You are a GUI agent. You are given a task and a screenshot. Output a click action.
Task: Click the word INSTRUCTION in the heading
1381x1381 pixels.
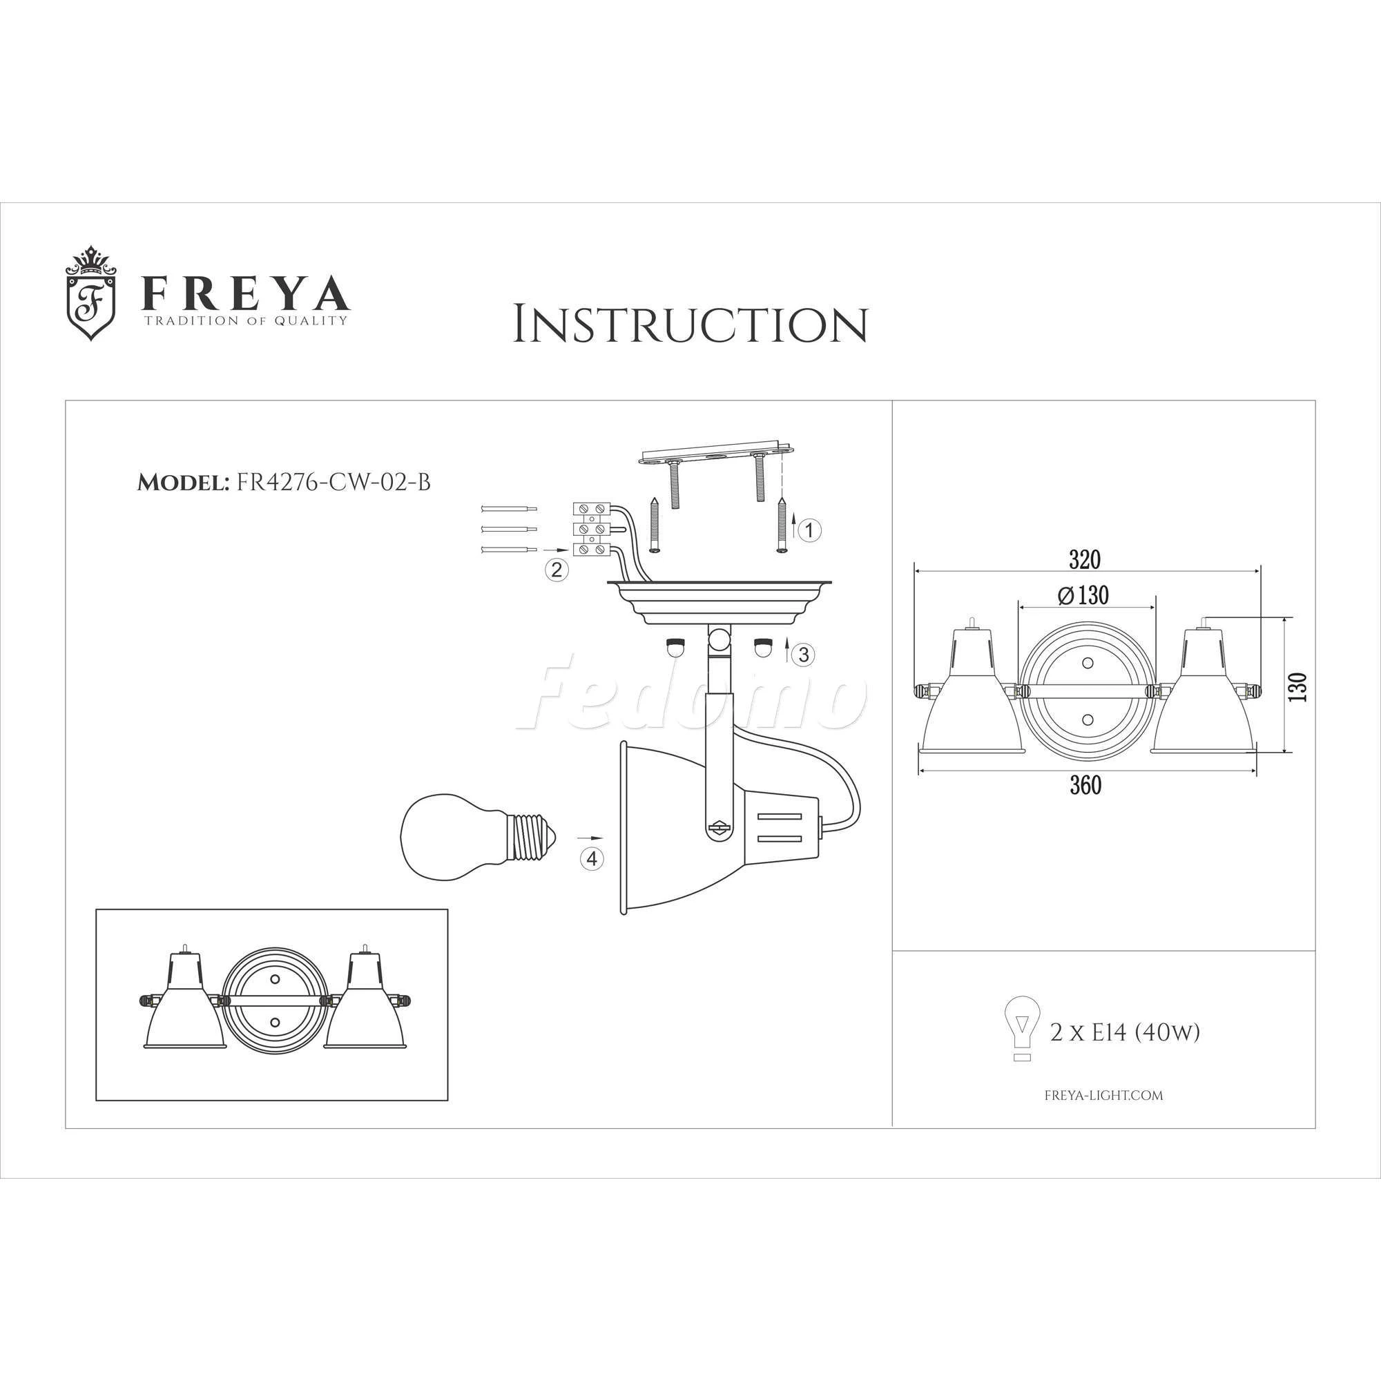[690, 325]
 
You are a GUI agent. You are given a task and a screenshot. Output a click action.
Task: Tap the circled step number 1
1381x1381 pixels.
[809, 530]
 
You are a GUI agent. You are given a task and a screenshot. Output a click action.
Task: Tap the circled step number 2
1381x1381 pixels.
[557, 570]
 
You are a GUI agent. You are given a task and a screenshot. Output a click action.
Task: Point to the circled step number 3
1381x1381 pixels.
[804, 654]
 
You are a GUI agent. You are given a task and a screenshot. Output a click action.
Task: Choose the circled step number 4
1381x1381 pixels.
[590, 859]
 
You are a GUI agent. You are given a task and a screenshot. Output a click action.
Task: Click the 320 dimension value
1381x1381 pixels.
[1084, 560]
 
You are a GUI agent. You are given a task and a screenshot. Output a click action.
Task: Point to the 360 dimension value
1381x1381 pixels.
[1085, 786]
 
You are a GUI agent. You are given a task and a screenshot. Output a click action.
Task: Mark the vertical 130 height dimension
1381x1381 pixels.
[1300, 686]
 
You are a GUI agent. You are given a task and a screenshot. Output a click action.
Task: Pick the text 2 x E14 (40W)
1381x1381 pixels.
[1124, 1032]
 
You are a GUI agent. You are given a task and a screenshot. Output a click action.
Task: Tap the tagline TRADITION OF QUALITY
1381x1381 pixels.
[247, 321]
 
